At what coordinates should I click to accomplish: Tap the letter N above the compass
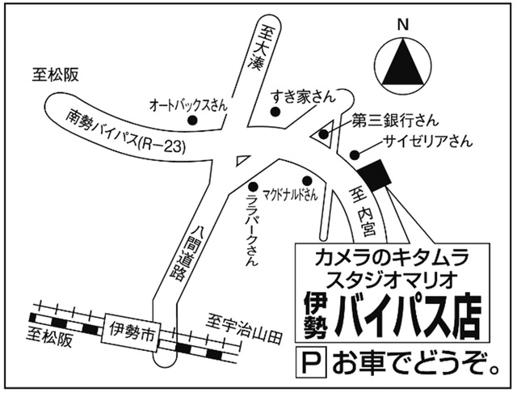tap(403, 25)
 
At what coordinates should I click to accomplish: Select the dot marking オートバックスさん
tap(192, 120)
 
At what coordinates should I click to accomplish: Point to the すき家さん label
tap(303, 97)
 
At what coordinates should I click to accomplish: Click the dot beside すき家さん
tap(275, 112)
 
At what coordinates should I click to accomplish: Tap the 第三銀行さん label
tap(395, 120)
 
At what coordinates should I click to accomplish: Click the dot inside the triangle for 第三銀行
tap(324, 134)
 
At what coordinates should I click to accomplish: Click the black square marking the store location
tap(374, 175)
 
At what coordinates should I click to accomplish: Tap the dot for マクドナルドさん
tap(307, 180)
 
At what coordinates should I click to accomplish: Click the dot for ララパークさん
tap(253, 187)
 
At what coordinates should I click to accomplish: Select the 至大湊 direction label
tap(261, 49)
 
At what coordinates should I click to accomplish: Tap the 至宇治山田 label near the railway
tap(245, 329)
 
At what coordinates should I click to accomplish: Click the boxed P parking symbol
tap(311, 362)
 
